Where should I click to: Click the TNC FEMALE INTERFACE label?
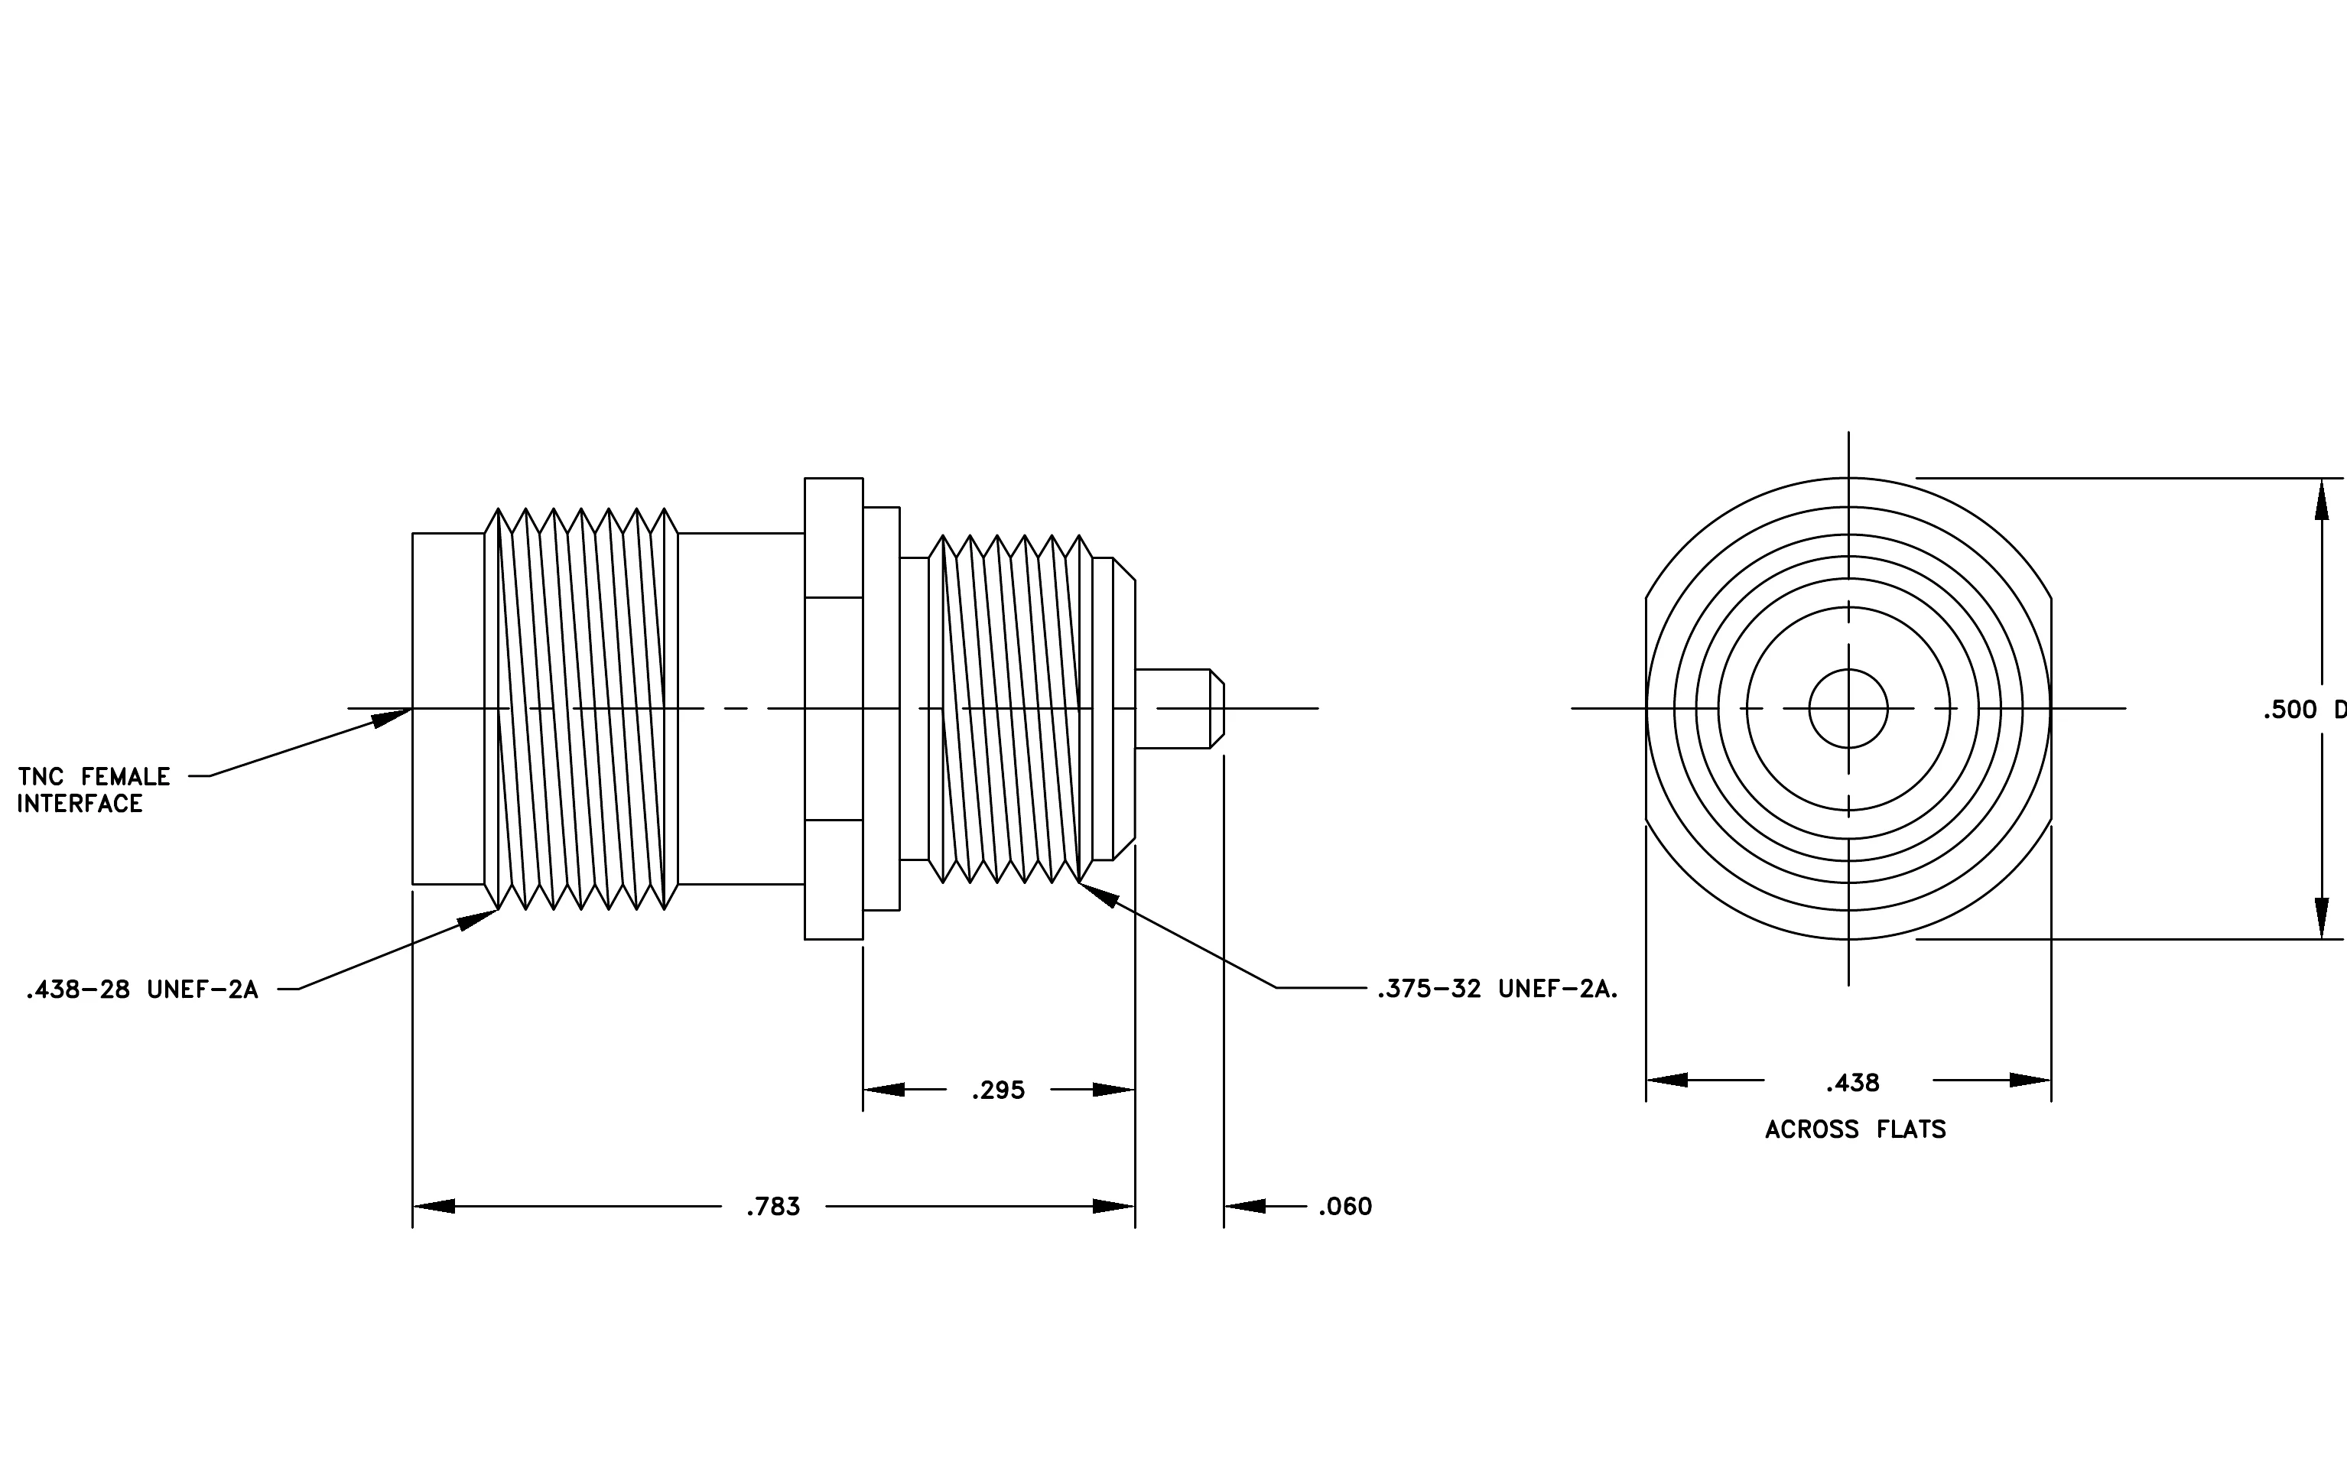point(93,790)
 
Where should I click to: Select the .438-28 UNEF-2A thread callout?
point(142,990)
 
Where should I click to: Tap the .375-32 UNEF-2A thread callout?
point(1497,989)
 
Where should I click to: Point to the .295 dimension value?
point(998,1090)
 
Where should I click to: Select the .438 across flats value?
point(1853,1084)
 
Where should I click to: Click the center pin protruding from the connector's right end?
point(1179,708)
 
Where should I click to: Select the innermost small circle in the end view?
point(1848,708)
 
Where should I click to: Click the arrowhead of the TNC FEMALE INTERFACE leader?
point(392,718)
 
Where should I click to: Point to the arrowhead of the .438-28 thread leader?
point(479,920)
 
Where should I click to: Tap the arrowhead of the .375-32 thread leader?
point(1098,895)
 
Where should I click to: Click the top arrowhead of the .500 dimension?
point(2321,499)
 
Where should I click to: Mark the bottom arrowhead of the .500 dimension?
point(2321,919)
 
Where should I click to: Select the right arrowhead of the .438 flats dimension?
point(2030,1081)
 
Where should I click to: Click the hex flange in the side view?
point(834,708)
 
